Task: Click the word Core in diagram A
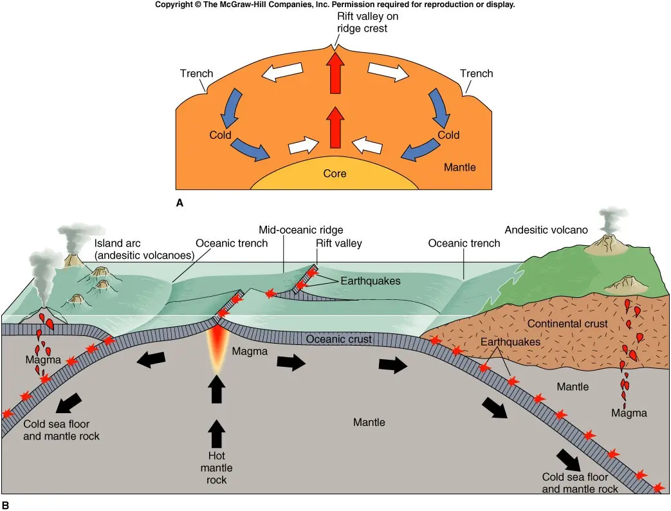(x=335, y=173)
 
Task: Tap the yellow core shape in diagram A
(x=335, y=176)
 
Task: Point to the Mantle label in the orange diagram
(x=459, y=167)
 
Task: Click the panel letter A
(x=179, y=203)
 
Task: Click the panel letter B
(x=5, y=505)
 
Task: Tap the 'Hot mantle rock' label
(x=217, y=468)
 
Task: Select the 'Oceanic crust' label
(x=339, y=339)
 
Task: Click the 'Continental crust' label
(x=567, y=324)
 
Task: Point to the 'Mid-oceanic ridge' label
(x=301, y=230)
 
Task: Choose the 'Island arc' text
(x=117, y=243)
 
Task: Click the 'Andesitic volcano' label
(x=546, y=230)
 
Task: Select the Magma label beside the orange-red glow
(x=250, y=351)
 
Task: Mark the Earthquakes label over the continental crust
(x=510, y=342)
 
